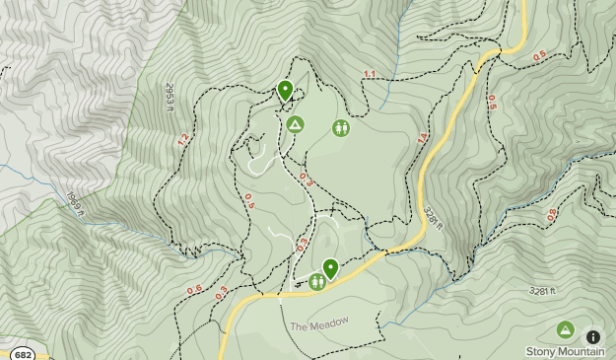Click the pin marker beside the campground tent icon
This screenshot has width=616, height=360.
click(286, 91)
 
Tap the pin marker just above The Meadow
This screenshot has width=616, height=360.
click(330, 267)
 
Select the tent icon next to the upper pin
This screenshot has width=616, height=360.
click(295, 125)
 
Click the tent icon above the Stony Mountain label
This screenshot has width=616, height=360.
click(565, 329)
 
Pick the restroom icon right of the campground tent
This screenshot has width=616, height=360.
click(340, 127)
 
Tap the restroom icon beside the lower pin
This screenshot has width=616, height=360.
click(317, 282)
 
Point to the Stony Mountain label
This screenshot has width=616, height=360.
click(565, 351)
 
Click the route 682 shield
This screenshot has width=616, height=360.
click(23, 354)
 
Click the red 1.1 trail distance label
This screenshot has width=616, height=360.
click(370, 75)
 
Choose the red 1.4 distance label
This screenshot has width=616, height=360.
click(423, 140)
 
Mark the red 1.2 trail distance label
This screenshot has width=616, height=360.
click(182, 140)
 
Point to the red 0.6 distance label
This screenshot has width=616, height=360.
click(195, 289)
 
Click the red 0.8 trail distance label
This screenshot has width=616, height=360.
click(552, 214)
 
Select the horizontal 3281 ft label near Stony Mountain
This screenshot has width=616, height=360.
click(543, 291)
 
